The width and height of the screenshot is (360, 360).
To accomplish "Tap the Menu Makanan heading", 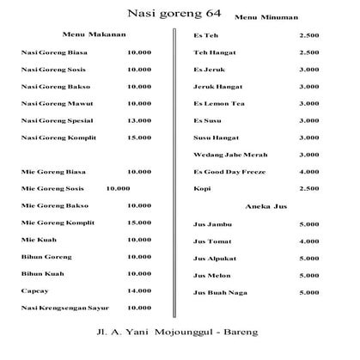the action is (95, 35).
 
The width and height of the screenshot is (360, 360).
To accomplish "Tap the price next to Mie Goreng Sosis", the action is (119, 187).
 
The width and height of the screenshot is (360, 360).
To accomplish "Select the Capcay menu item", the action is (32, 290).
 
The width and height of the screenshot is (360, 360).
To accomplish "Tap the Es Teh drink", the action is (205, 35).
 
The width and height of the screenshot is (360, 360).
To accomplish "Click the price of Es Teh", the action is (308, 35).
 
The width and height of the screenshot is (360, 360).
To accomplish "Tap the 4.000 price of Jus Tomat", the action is (308, 241).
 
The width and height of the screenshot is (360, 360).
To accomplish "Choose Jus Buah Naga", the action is (221, 292).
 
